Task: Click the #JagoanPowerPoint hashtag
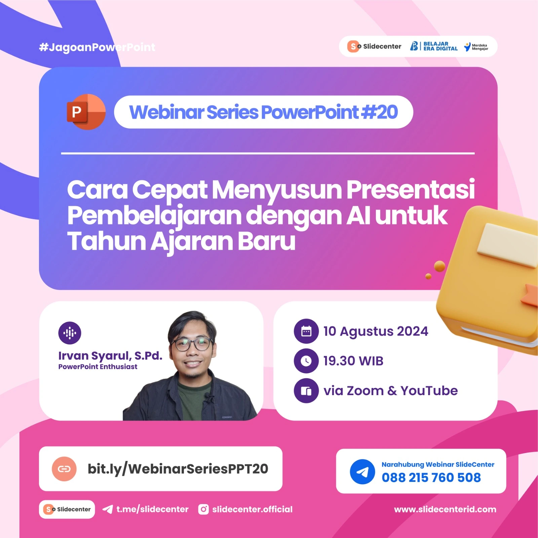coord(97,47)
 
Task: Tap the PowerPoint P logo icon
coord(86,112)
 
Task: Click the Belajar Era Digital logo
coord(434,46)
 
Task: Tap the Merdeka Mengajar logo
coord(476,47)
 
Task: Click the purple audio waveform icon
coord(70,333)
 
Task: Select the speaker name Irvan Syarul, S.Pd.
coord(110,355)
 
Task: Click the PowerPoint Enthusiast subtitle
coord(98,367)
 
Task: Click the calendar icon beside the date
coord(306,331)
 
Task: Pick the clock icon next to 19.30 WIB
coord(306,361)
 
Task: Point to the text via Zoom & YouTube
coord(390,391)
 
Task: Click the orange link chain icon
coord(64,469)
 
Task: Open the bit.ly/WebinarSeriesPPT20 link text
coord(178,469)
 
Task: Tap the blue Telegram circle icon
coord(362,472)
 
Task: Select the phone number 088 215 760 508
coord(431,477)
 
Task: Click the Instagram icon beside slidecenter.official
coord(203,509)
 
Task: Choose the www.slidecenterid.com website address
coord(445,509)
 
